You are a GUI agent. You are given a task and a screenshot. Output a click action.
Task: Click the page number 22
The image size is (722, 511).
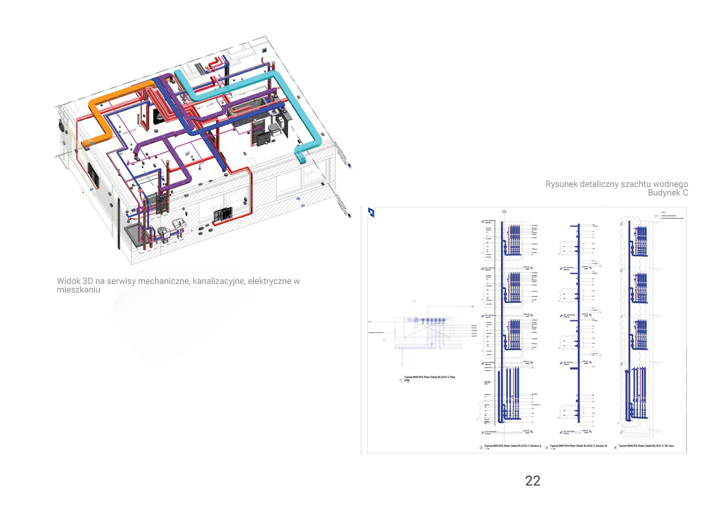(x=533, y=481)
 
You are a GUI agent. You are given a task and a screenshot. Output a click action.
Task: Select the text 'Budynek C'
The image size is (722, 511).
(x=668, y=193)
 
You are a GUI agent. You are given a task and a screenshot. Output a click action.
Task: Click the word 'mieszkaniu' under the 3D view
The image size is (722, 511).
(x=78, y=290)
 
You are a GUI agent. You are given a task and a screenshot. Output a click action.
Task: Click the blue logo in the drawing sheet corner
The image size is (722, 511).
(x=371, y=212)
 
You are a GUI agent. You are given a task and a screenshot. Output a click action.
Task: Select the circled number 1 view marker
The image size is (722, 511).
(x=401, y=380)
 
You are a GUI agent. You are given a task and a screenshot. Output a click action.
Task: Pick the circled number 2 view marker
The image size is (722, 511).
(x=481, y=448)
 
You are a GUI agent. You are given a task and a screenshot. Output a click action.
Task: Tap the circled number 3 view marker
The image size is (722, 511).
(x=547, y=448)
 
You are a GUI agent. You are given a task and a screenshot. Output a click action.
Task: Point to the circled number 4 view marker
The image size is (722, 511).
(x=615, y=448)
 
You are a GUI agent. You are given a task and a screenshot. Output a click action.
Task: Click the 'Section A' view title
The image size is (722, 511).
(x=513, y=446)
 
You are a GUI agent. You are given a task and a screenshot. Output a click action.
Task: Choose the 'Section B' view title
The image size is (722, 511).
(x=578, y=446)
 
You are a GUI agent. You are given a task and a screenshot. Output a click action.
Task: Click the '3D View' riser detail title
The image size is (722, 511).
(x=646, y=446)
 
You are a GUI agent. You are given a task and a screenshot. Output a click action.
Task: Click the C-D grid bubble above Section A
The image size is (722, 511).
(x=504, y=212)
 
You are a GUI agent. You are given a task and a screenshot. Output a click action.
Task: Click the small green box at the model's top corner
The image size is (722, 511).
(x=264, y=50)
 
